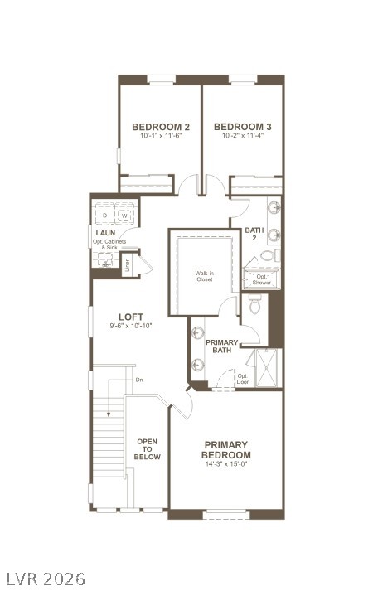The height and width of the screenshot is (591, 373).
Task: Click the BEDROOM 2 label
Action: point(161,127)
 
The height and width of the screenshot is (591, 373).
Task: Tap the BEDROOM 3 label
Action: point(242,127)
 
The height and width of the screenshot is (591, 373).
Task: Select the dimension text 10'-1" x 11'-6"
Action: point(161,136)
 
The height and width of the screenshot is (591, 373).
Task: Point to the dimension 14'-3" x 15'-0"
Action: point(226,464)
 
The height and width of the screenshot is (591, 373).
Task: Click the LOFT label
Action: point(131,317)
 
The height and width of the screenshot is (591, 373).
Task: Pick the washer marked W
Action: point(125,216)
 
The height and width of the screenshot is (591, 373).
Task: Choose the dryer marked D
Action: point(105,216)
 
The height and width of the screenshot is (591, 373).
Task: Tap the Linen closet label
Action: point(128,265)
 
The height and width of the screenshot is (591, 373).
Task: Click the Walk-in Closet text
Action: point(204,276)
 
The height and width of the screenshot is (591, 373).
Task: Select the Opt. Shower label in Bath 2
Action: point(262,279)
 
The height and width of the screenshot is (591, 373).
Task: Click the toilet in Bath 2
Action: point(277,254)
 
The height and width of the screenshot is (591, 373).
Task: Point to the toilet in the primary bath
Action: point(254,308)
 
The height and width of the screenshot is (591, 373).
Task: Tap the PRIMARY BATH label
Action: point(222,346)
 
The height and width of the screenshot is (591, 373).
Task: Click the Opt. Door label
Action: point(243,378)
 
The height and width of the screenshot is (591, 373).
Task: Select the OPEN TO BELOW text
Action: point(148,448)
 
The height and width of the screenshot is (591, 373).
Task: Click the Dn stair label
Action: point(138,380)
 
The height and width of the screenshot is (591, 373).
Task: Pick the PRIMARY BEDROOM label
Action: point(226,449)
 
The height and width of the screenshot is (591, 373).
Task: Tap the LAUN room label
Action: point(104,233)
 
